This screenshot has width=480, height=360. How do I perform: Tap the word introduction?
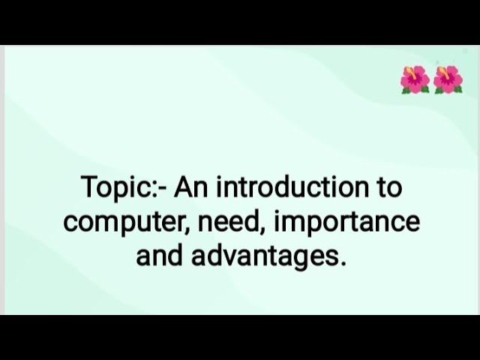coord(288,187)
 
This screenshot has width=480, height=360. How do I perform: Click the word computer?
coord(117,223)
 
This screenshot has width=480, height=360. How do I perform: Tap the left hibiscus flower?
coord(415,79)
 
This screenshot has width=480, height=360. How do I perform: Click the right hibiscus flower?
coord(448,79)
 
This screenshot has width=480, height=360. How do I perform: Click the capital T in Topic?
coord(88,187)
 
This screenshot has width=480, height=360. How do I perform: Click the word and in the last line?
coord(159,256)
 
